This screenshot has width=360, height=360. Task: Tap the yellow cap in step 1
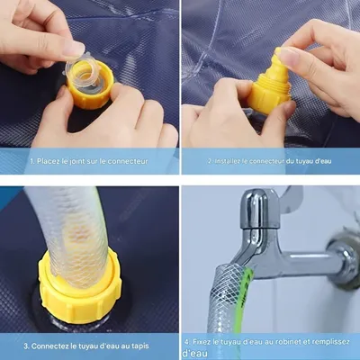click(90, 90)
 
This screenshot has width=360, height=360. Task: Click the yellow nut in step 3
click(78, 290)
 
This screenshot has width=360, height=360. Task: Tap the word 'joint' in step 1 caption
click(76, 161)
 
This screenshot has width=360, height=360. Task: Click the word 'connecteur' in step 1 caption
click(128, 161)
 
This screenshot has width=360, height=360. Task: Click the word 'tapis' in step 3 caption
click(139, 346)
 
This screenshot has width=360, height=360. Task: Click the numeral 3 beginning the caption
click(26, 346)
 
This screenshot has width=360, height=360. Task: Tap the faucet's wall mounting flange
click(345, 257)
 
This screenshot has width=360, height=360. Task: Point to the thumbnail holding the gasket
click(74, 48)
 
